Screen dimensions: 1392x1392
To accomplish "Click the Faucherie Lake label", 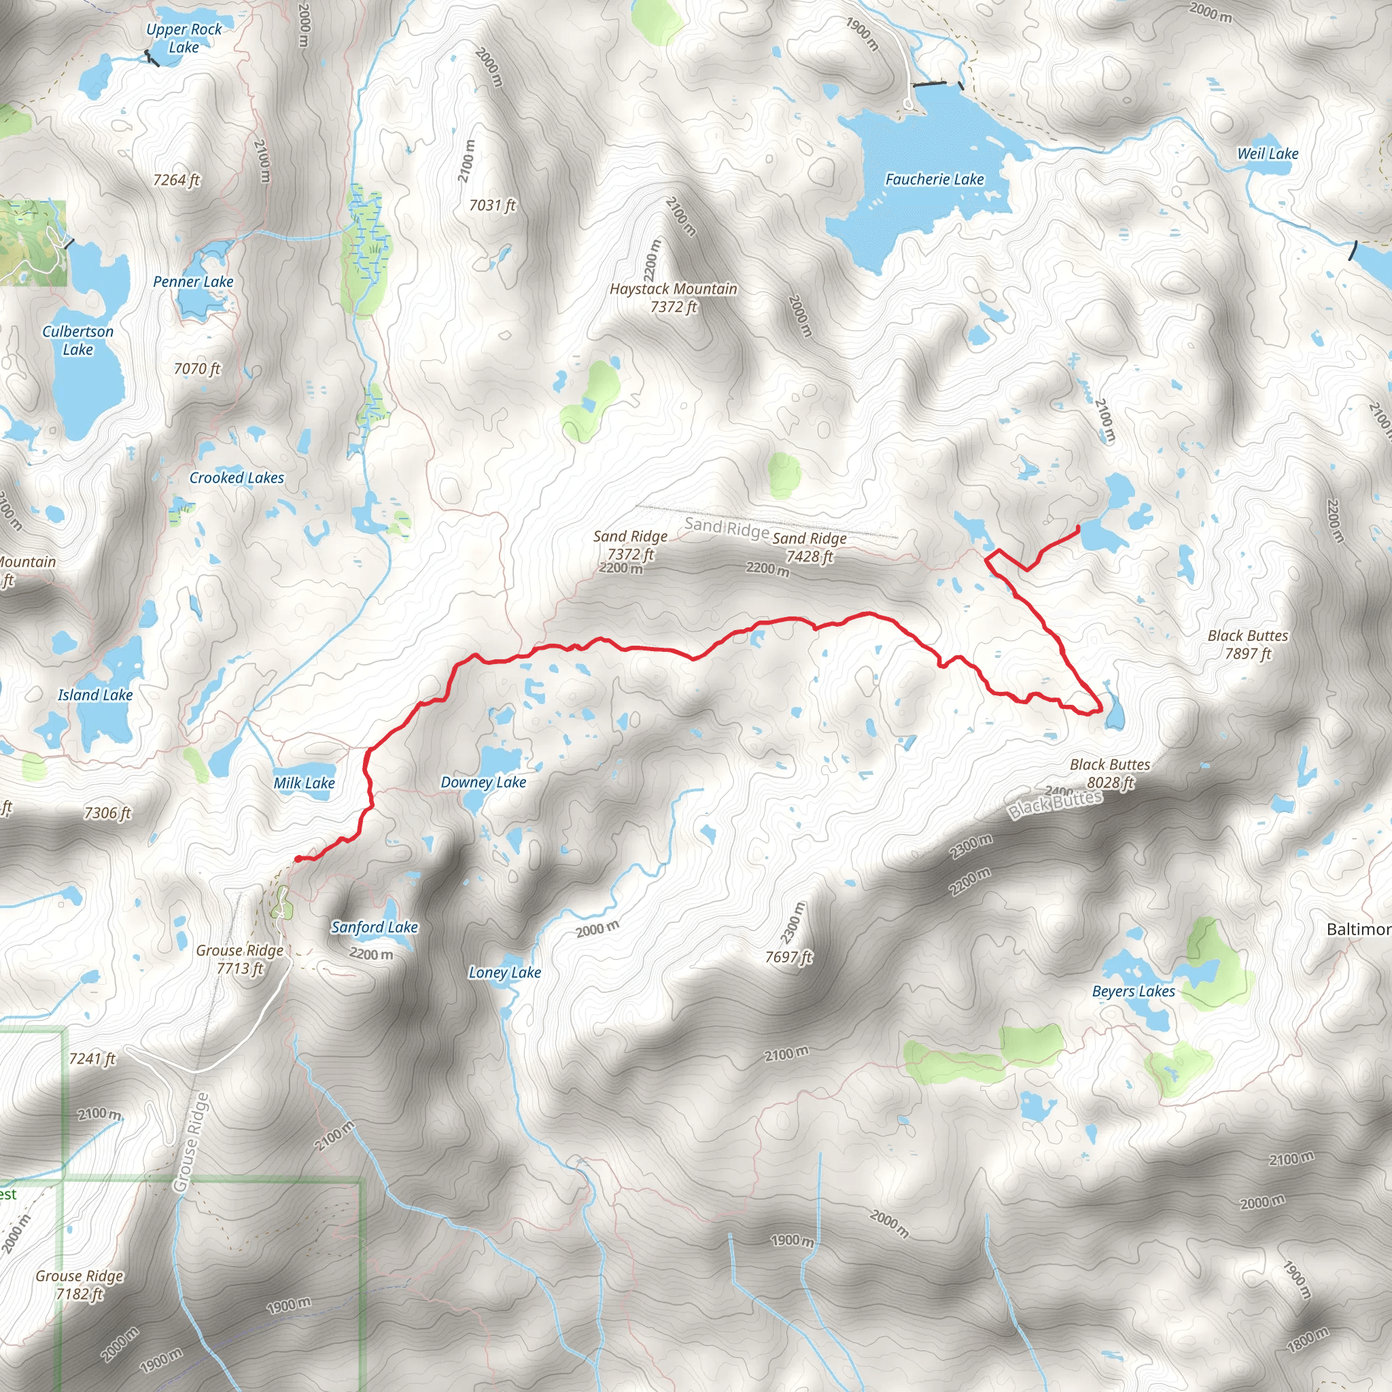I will [x=935, y=179].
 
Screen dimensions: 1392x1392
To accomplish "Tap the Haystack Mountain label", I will [x=674, y=298].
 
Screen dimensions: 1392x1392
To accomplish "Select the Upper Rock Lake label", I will [x=184, y=38].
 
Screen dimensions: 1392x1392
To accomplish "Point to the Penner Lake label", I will [x=193, y=281].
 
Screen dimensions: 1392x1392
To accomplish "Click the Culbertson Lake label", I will [x=77, y=340].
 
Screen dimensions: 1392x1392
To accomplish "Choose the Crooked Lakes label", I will [x=237, y=478].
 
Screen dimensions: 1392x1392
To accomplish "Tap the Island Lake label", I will [x=95, y=695].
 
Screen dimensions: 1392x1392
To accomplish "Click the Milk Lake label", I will [x=304, y=782].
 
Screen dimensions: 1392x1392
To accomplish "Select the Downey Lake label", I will [x=483, y=782].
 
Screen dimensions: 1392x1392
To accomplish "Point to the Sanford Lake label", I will [x=375, y=926].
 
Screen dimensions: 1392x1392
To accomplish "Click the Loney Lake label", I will [x=504, y=972].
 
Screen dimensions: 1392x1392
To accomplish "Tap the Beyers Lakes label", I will [x=1133, y=991].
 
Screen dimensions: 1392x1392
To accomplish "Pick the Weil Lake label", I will [x=1268, y=154].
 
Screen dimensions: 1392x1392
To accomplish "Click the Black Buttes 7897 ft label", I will [x=1248, y=644].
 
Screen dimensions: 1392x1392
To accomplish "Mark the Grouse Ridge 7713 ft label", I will [x=240, y=959].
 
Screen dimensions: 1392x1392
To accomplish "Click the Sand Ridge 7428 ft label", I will [x=809, y=547].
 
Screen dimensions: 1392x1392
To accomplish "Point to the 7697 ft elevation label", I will [x=788, y=957].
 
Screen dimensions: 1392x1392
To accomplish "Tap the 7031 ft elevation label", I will [x=493, y=205].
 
